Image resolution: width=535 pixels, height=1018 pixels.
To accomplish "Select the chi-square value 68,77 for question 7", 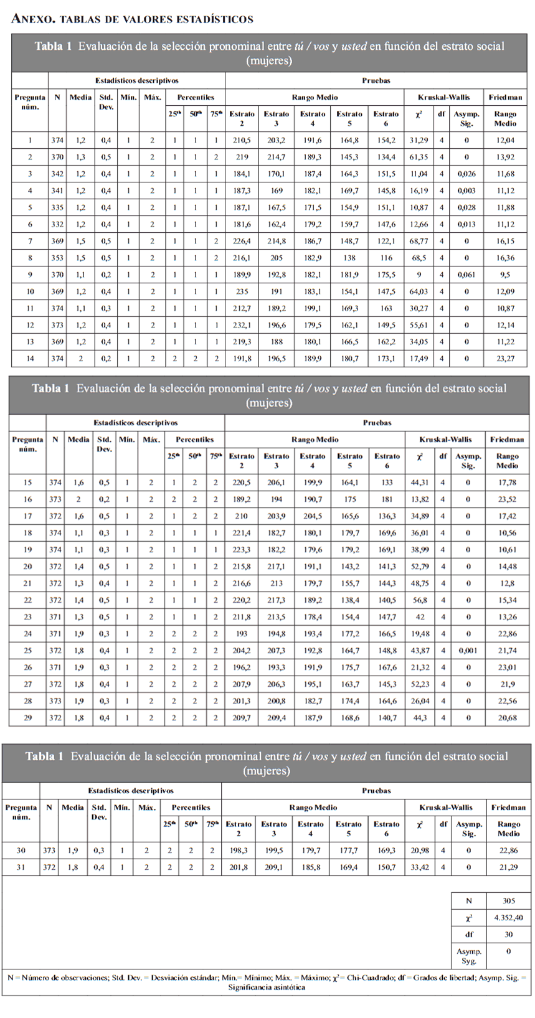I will click(418, 241).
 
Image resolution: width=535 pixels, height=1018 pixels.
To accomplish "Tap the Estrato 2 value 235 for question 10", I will click(242, 291).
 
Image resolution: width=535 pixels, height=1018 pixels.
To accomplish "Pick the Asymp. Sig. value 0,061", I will click(466, 275).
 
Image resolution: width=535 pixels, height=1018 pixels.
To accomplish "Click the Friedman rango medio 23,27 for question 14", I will click(505, 359).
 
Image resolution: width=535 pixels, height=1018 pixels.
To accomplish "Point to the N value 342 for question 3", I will click(57, 174).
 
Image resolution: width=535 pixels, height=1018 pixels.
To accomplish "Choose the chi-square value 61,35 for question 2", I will click(418, 157).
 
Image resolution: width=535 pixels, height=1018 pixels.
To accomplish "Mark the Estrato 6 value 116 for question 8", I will click(386, 258).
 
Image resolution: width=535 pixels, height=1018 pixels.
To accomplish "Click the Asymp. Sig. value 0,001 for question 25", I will click(468, 651).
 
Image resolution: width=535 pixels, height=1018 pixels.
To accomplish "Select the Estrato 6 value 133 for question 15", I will click(387, 483).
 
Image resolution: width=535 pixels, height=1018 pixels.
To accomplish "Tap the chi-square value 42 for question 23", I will click(420, 617).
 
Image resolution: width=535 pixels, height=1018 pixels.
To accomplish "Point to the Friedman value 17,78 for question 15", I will click(507, 483).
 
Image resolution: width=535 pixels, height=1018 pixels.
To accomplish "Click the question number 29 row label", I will click(27, 718).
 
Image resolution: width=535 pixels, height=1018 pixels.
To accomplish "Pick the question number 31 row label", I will click(21, 867).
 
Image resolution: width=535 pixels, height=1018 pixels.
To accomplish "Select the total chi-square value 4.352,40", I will click(508, 918).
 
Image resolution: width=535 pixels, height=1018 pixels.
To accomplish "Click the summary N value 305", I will click(508, 901).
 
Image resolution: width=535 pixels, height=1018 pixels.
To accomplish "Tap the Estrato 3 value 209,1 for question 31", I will click(273, 867).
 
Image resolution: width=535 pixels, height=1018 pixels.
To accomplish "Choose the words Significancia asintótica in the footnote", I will click(267, 987).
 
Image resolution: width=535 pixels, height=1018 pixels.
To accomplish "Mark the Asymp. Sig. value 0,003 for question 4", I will click(466, 191).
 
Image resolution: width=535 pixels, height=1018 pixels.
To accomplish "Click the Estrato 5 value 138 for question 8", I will click(349, 258).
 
